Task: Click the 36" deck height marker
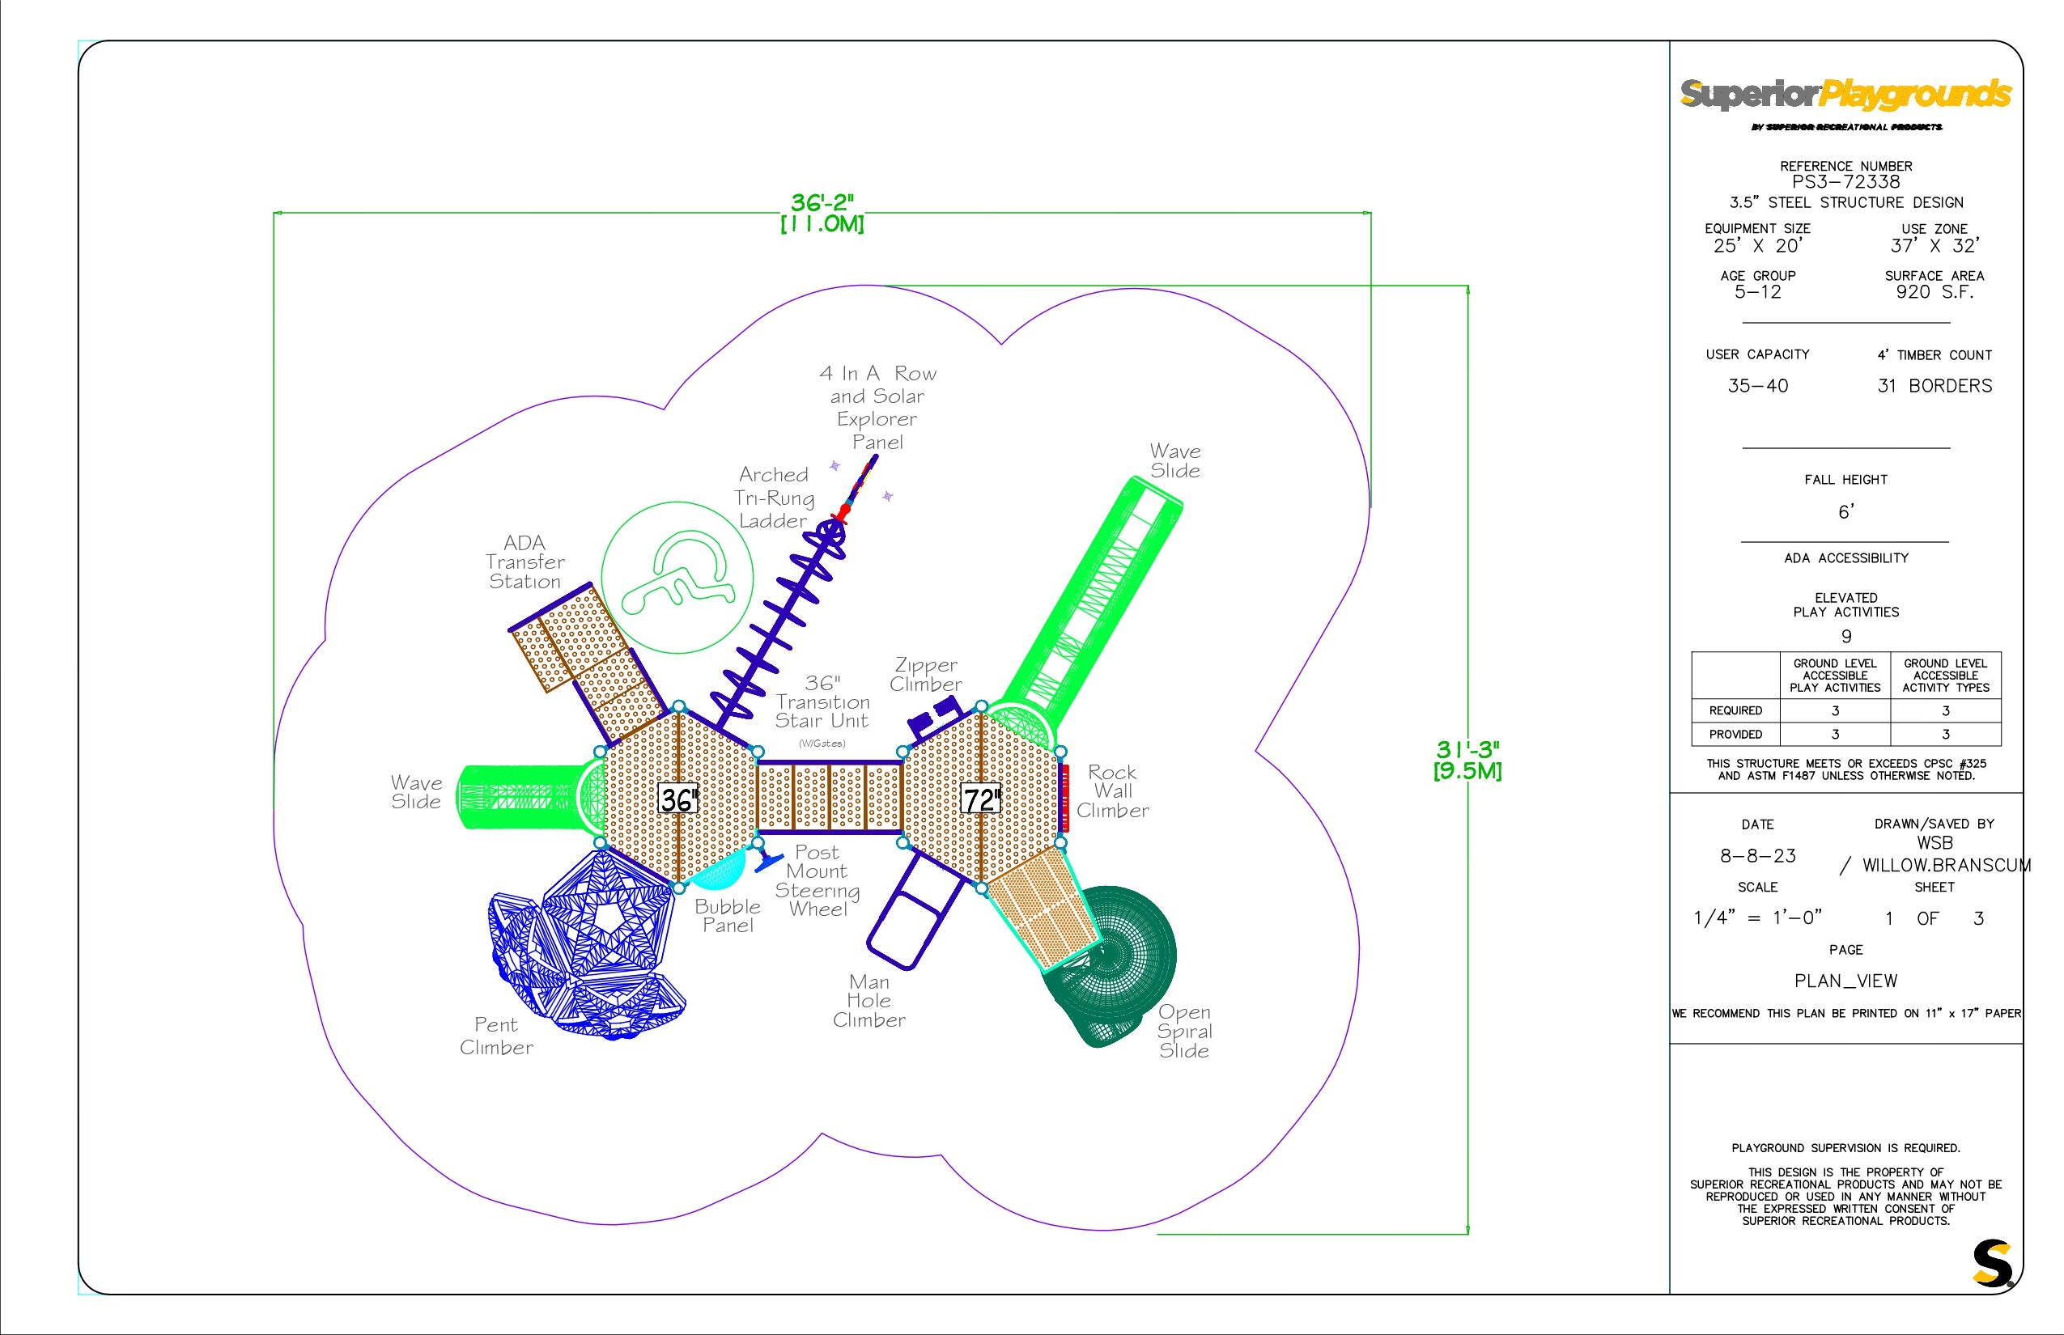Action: point(677,799)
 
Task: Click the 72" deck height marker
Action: point(981,799)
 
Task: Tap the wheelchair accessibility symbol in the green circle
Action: point(677,576)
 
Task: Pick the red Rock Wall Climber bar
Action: point(1065,799)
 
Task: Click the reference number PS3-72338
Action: point(1845,182)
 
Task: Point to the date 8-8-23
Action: point(1758,856)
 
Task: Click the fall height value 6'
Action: point(1845,512)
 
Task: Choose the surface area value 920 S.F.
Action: point(1934,292)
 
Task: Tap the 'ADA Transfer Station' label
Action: point(524,562)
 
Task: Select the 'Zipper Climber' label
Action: point(926,675)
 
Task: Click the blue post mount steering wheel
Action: point(768,862)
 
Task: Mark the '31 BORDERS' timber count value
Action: point(1934,386)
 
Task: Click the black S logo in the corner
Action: point(1992,1264)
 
